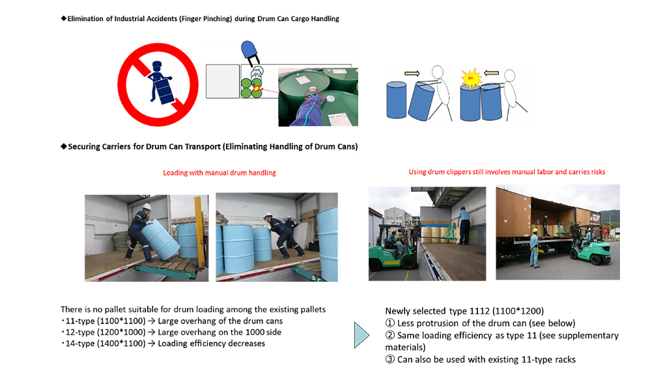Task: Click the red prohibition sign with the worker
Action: pos(158,84)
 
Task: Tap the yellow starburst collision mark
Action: pos(471,79)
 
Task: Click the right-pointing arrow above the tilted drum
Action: pos(412,73)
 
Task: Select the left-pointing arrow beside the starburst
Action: pos(491,73)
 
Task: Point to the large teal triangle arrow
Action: pos(361,335)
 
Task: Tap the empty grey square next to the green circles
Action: pos(222,82)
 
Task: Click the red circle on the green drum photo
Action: pos(313,97)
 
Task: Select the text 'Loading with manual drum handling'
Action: pos(219,173)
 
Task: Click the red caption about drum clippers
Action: pos(507,172)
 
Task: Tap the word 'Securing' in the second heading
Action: pos(84,147)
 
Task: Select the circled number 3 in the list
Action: pos(390,359)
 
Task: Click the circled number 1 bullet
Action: pos(390,323)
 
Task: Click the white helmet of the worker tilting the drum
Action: pos(147,207)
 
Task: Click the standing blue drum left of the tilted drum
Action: pos(396,100)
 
